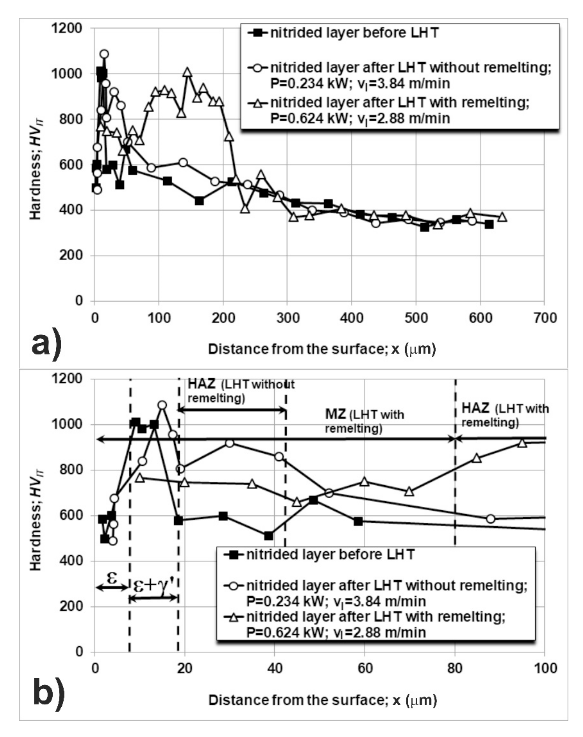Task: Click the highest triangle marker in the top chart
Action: click(187, 72)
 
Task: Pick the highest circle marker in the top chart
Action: click(104, 54)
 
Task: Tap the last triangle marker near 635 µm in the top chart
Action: click(502, 217)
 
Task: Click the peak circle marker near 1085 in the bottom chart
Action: click(162, 405)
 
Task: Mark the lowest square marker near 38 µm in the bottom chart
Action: click(269, 536)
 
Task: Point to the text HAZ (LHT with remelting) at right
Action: click(504, 415)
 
